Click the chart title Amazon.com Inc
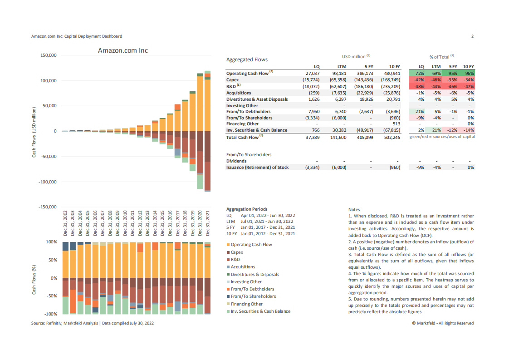122,50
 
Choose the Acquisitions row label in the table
239,93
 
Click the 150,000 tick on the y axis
49,55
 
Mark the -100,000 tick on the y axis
48,182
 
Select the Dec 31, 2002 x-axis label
66,223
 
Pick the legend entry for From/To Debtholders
252,289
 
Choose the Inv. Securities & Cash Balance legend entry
260,311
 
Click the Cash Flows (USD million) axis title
34,133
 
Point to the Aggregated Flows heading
247,59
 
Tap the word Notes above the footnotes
354,209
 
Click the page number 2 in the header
472,36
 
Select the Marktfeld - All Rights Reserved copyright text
443,323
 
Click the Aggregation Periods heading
246,209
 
